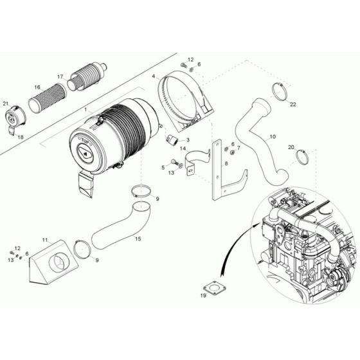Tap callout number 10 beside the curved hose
pyautogui.click(x=273, y=137)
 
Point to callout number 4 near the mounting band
pyautogui.click(x=154, y=77)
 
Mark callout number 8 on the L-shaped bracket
pyautogui.click(x=226, y=164)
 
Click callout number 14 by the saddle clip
pyautogui.click(x=183, y=148)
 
